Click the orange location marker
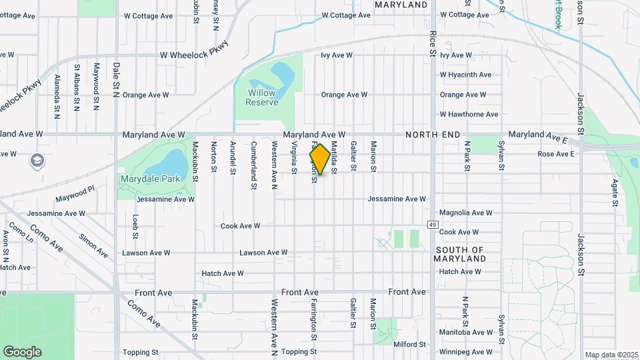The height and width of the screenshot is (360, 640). (320, 159)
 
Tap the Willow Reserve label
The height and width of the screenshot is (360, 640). (261, 97)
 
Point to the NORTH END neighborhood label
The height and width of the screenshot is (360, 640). (433, 135)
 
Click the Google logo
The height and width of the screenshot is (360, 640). (22, 351)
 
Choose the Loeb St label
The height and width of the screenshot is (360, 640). (135, 226)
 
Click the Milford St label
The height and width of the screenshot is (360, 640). (409, 345)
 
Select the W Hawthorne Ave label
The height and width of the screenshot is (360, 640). (469, 115)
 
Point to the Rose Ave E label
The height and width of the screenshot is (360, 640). (555, 154)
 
